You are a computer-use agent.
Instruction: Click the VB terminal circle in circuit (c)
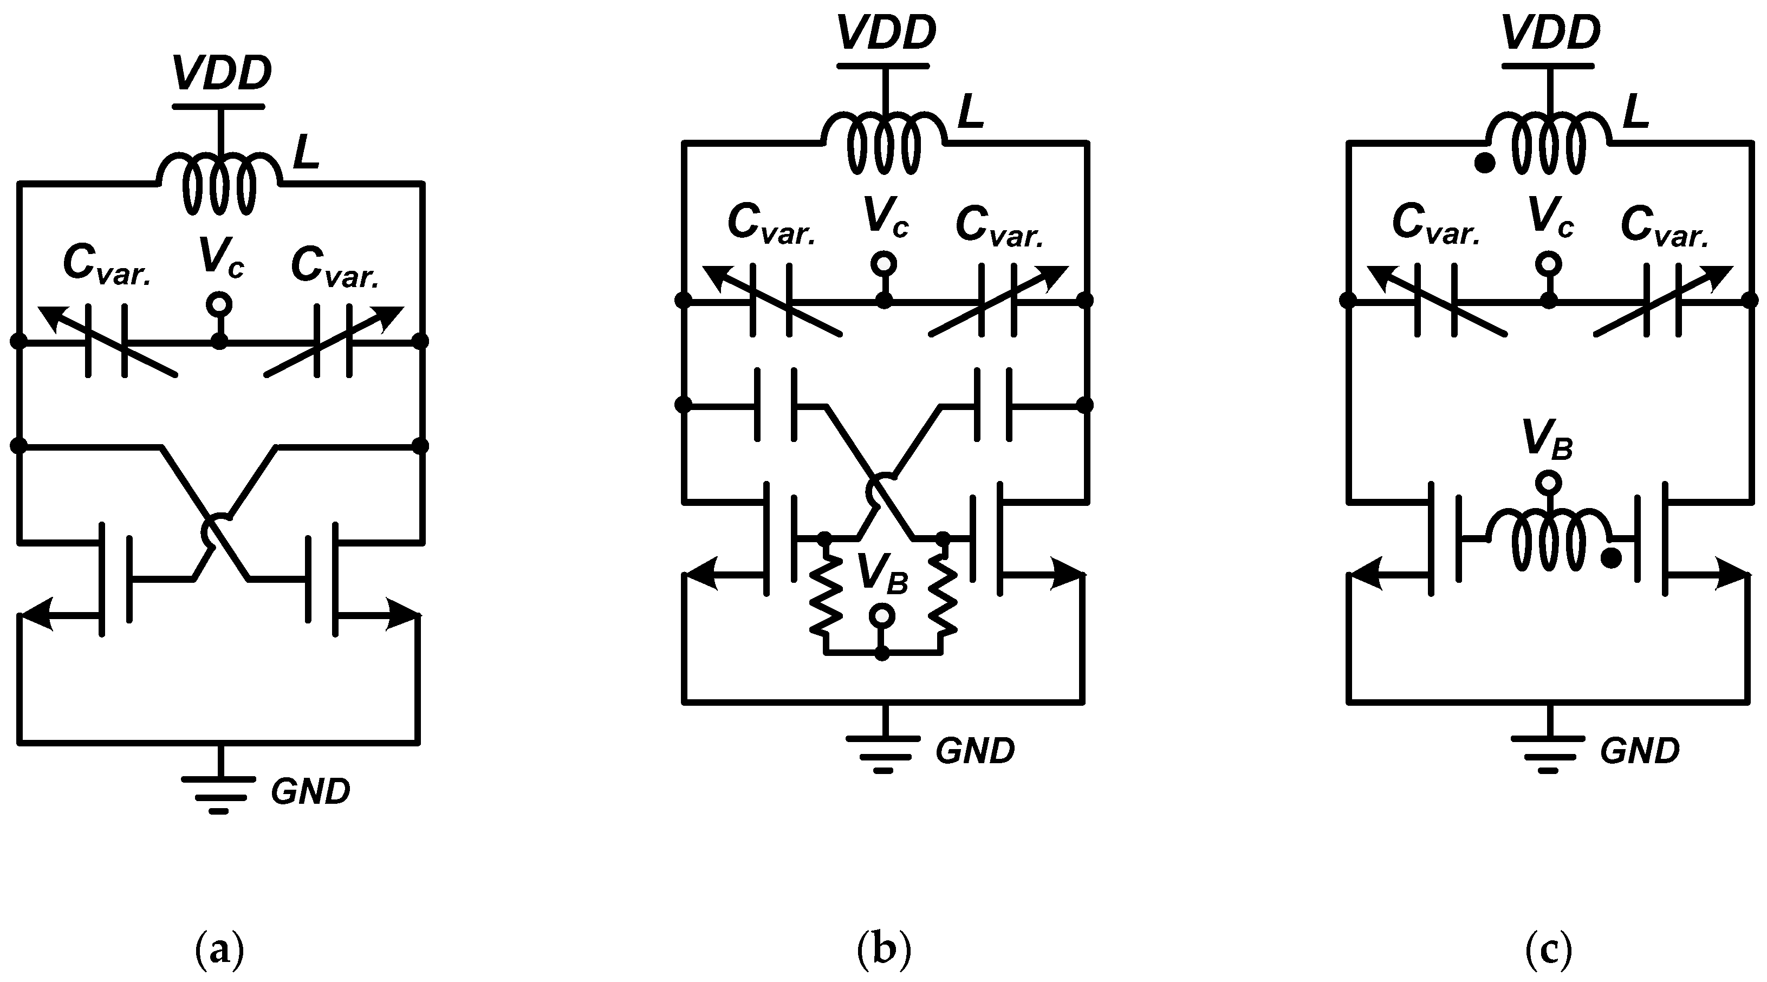tap(1548, 483)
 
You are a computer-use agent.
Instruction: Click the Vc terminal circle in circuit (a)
tap(219, 303)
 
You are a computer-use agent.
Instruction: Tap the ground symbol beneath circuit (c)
tap(1548, 748)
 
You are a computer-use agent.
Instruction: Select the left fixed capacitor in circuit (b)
tap(776, 405)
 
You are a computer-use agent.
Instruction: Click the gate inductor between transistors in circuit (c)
tap(1548, 539)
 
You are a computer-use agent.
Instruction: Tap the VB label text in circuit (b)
tap(882, 573)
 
